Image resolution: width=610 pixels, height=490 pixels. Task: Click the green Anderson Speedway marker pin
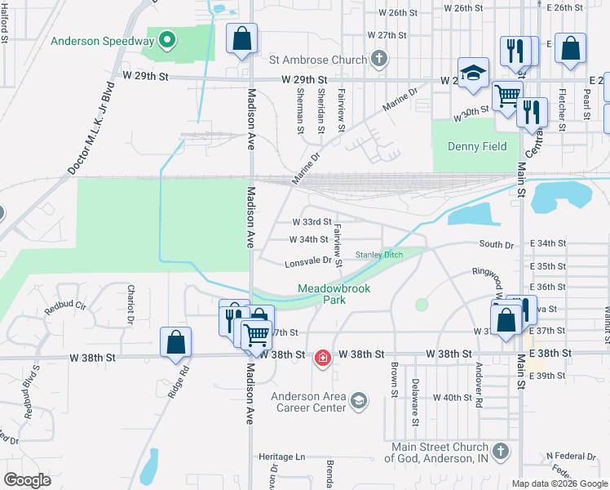pos(167,40)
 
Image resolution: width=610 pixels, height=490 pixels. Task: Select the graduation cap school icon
pos(472,74)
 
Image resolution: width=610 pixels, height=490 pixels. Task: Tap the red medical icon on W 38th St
pos(323,358)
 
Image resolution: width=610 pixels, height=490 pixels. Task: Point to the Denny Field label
pos(477,147)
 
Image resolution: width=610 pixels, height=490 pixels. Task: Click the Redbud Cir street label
pos(65,307)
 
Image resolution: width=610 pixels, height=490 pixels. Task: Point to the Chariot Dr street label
pos(130,304)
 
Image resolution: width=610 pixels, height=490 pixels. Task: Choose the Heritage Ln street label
pos(282,457)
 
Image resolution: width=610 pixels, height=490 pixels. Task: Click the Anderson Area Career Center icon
pos(360,399)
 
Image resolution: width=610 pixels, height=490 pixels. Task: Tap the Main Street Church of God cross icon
pos(501,450)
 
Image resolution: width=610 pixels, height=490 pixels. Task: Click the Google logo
pos(28,480)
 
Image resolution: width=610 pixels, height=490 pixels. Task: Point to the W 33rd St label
pos(312,221)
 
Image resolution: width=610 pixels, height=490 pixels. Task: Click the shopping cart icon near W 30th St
pos(507,96)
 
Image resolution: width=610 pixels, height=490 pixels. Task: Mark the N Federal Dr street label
pos(572,455)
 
